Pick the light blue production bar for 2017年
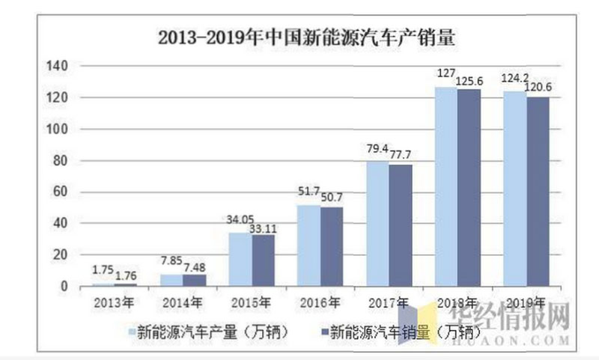pos(377,224)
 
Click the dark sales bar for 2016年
pos(332,247)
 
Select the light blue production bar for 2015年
pos(240,260)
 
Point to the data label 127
pos(446,75)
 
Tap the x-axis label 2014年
pos(183,303)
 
